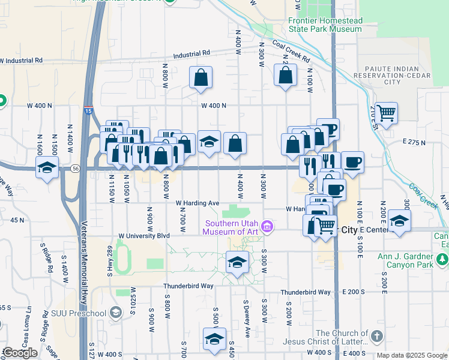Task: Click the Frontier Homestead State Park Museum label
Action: tap(325, 25)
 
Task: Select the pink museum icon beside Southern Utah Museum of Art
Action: tap(269, 227)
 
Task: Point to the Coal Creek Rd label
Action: tap(291, 52)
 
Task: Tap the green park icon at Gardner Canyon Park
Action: tap(442, 259)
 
